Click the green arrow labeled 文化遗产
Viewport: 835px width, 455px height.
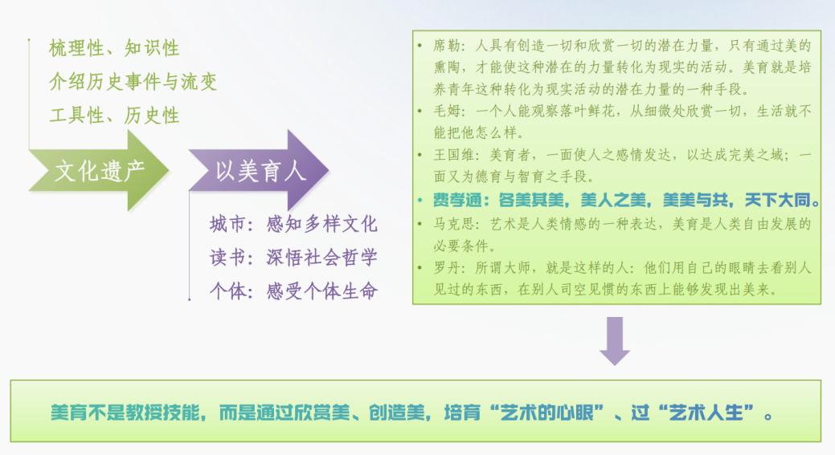pyautogui.click(x=99, y=171)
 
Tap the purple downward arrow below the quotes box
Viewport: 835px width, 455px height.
pyautogui.click(x=615, y=341)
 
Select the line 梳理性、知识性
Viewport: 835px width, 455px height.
pyautogui.click(x=114, y=48)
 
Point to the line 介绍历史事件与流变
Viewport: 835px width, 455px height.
pyautogui.click(x=133, y=82)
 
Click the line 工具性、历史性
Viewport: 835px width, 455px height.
pyautogui.click(x=114, y=116)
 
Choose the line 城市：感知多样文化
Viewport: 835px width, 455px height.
pyautogui.click(x=293, y=224)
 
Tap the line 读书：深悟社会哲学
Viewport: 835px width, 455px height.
pyautogui.click(x=293, y=258)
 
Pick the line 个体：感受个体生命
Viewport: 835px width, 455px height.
pyautogui.click(x=293, y=290)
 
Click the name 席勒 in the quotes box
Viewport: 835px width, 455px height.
pyautogui.click(x=446, y=46)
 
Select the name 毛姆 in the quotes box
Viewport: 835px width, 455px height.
pyautogui.click(x=446, y=111)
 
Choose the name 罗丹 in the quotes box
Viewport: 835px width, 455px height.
pyautogui.click(x=446, y=267)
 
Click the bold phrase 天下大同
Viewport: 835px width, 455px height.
pyautogui.click(x=777, y=200)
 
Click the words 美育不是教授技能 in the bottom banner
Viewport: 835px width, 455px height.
pyautogui.click(x=125, y=412)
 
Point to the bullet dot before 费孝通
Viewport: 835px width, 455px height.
pyautogui.click(x=420, y=201)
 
